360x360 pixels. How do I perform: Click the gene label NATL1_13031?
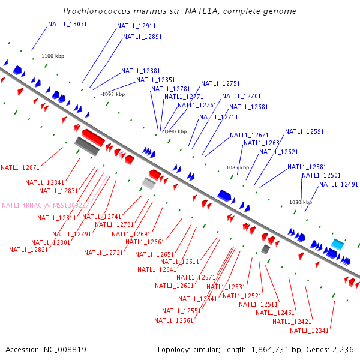click(x=67, y=24)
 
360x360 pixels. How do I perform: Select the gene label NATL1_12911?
click(x=136, y=26)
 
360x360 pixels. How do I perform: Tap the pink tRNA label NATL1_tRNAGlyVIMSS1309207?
click(x=46, y=205)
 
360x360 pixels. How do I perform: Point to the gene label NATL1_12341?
click(x=310, y=331)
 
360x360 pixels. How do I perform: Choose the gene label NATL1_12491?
click(x=338, y=184)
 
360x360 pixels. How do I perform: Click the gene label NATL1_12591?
click(x=304, y=131)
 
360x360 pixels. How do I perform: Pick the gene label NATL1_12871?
click(x=20, y=167)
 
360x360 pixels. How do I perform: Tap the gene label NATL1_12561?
click(x=173, y=320)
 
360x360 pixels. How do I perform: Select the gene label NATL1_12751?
click(x=220, y=84)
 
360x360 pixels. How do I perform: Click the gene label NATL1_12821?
click(x=28, y=250)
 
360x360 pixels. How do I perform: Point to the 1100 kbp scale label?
click(x=53, y=56)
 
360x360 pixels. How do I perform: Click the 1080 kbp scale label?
click(x=301, y=203)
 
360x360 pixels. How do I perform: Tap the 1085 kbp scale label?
click(x=237, y=167)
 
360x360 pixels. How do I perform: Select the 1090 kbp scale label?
click(x=175, y=131)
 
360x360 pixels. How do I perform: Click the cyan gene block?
click(x=337, y=244)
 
